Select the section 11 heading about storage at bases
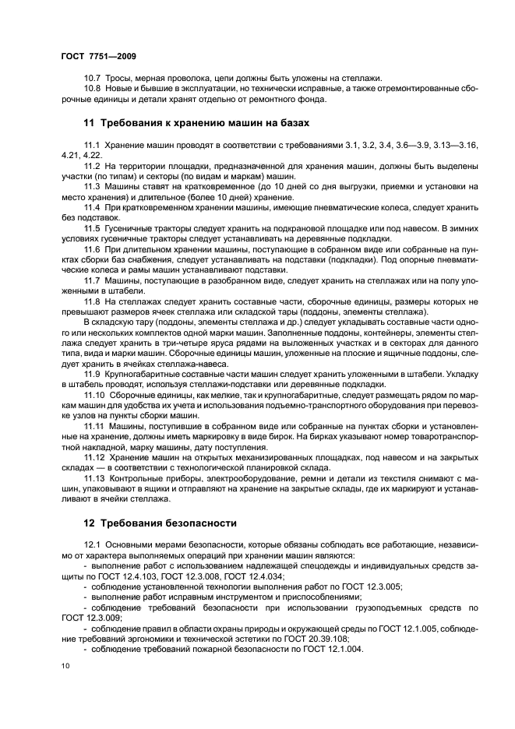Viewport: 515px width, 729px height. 196,123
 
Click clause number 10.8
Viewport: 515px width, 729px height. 92,89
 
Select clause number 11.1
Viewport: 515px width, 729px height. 92,145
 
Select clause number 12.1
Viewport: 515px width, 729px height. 92,544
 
